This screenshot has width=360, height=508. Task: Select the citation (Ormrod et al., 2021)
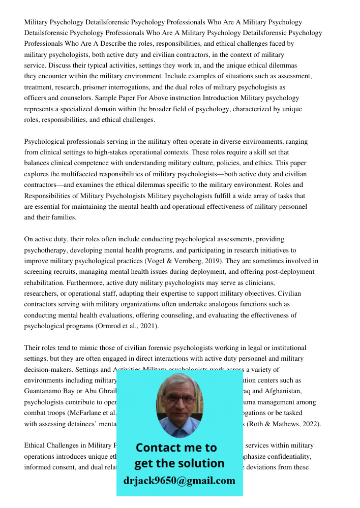click(127, 326)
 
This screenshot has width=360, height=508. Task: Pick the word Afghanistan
click(282, 391)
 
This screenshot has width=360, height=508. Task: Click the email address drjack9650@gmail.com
click(179, 481)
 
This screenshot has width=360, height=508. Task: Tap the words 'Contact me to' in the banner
click(176, 448)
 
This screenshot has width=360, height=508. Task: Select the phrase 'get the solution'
click(179, 463)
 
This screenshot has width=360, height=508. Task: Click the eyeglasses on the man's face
click(178, 399)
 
